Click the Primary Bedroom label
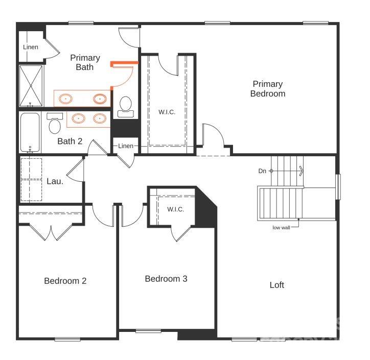point(267,89)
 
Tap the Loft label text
point(276,285)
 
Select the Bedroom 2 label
point(65,281)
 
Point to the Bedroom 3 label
point(166,279)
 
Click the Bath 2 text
point(70,141)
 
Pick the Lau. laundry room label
point(55,181)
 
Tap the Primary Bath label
point(85,62)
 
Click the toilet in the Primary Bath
point(125,105)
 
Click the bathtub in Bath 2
point(30,132)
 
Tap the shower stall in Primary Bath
point(32,84)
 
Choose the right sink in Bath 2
point(99,119)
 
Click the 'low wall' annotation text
point(281,228)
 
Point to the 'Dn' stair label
point(262,171)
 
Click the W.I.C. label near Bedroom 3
point(175,209)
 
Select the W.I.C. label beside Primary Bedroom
point(167,112)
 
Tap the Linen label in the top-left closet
point(31,47)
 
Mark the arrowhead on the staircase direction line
point(302,171)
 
